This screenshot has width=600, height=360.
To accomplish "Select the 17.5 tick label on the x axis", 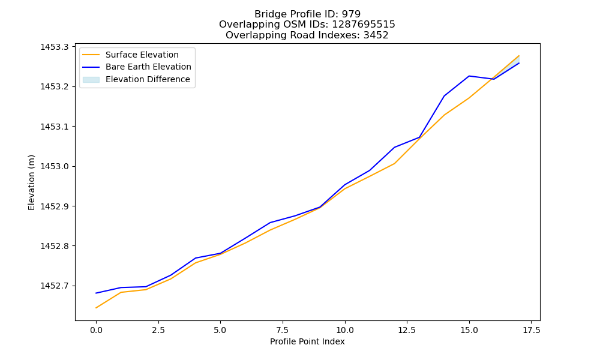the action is click(531, 330).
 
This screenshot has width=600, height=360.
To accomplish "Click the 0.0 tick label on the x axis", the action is click(96, 330).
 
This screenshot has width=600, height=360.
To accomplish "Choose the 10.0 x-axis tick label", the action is click(345, 330).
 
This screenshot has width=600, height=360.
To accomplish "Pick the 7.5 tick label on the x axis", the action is click(283, 330).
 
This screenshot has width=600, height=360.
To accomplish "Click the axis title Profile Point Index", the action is click(307, 341).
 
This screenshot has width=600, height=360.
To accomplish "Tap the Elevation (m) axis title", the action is click(31, 182).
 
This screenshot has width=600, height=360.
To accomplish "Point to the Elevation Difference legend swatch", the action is click(91, 80).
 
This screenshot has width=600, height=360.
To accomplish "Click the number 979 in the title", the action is click(351, 14).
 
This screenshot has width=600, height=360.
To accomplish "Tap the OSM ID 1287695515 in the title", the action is click(364, 25).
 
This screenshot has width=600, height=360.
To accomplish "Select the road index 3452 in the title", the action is click(376, 35).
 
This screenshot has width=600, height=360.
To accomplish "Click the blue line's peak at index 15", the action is click(469, 76).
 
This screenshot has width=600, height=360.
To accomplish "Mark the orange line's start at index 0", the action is click(96, 308).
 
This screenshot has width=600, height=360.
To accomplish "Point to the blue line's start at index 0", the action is click(96, 293).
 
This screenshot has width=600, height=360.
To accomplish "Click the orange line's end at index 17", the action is click(519, 56).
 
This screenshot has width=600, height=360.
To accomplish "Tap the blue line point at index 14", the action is click(444, 95).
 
